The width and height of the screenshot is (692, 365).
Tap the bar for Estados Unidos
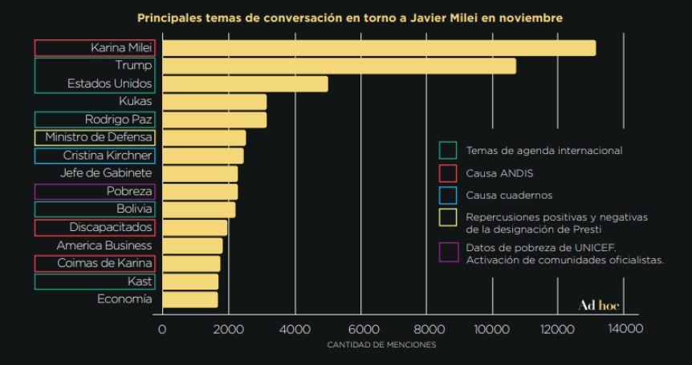[x=245, y=83]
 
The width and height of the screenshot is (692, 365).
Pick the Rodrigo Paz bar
[x=214, y=120]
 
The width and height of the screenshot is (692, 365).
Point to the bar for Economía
[x=189, y=299]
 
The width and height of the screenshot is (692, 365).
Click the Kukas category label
[x=135, y=101]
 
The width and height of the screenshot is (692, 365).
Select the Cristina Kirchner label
[x=108, y=156]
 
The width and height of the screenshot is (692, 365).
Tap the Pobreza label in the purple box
[x=129, y=191]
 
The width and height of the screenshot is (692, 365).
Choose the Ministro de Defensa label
[x=99, y=137]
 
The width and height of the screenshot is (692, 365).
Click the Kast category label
[x=140, y=281]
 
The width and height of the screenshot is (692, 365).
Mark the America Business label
[x=104, y=245]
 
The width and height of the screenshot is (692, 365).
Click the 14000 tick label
[x=625, y=329]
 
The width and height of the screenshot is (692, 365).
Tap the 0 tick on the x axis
[x=162, y=329]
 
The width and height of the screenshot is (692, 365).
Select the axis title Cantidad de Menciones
[x=381, y=345]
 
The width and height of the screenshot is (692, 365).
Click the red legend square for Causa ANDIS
[x=448, y=172]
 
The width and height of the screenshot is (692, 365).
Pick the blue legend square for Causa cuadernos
[x=448, y=195]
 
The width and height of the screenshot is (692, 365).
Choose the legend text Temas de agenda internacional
[x=543, y=150]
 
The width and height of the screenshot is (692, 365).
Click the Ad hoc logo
[x=599, y=306]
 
